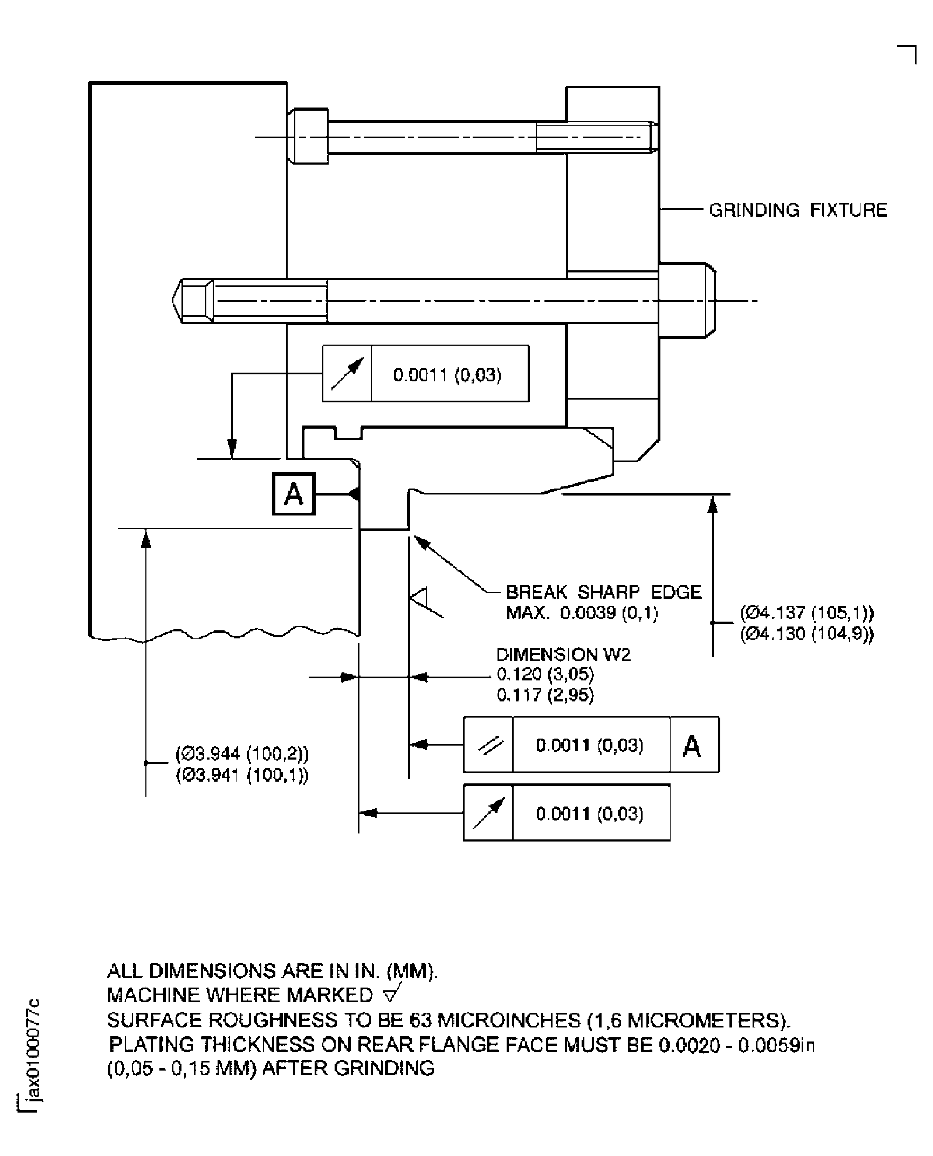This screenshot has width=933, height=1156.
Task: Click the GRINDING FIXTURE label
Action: (797, 210)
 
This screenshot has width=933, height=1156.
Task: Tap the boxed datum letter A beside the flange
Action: (294, 494)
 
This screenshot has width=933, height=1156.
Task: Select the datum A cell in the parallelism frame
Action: (693, 746)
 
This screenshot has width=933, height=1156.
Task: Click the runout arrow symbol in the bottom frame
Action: (488, 813)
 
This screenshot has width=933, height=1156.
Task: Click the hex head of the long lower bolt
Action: (687, 300)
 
